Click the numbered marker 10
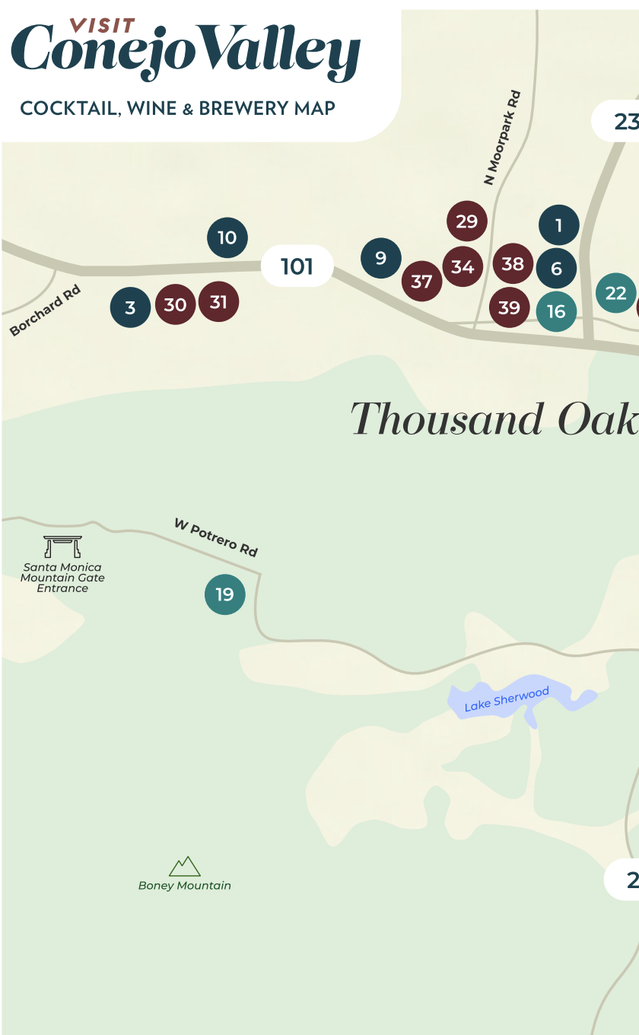pos(227,237)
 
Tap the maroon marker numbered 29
pos(466,221)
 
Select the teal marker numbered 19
pos(225,594)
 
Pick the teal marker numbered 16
pos(556,311)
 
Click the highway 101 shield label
pos(297,266)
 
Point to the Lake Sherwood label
pos(507,699)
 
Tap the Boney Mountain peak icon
pos(185,866)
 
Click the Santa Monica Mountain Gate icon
pos(62,546)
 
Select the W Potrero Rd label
pos(216,537)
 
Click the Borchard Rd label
pos(45,310)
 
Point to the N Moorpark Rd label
pos(503,138)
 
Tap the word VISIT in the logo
pos(103,26)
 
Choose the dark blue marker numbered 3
pos(130,307)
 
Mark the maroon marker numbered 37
pos(421,281)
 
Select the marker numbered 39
pos(509,307)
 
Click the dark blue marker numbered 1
pos(559,225)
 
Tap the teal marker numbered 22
pos(615,293)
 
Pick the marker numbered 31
pos(218,302)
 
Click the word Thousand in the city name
pos(448,420)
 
